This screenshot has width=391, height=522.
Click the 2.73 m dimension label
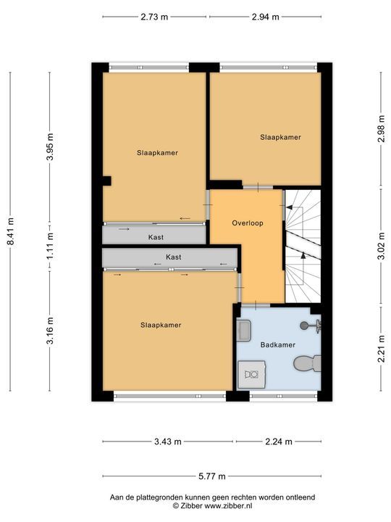pyautogui.click(x=154, y=17)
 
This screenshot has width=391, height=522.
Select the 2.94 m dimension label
pyautogui.click(x=265, y=17)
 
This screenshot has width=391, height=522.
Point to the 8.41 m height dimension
pyautogui.click(x=11, y=232)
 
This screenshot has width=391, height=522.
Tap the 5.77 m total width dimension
pyautogui.click(x=212, y=476)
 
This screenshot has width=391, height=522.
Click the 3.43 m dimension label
pyautogui.click(x=168, y=442)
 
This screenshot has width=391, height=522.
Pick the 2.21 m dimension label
pyautogui.click(x=382, y=349)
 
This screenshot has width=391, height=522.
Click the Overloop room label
pyautogui.click(x=248, y=223)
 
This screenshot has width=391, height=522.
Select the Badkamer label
pyautogui.click(x=278, y=345)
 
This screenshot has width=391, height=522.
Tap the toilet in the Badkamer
pyautogui.click(x=308, y=363)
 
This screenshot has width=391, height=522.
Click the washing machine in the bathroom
pyautogui.click(x=252, y=375)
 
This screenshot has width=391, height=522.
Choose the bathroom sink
pyautogui.click(x=244, y=331)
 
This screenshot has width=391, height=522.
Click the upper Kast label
pyautogui.click(x=156, y=237)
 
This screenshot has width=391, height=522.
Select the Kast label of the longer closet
pyautogui.click(x=174, y=257)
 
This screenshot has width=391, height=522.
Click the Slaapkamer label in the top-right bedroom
pyautogui.click(x=281, y=137)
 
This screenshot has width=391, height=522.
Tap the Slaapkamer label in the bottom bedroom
pyautogui.click(x=161, y=326)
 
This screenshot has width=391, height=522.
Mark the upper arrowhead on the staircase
pyautogui.click(x=290, y=207)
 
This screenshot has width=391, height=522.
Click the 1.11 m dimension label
pyautogui.click(x=50, y=246)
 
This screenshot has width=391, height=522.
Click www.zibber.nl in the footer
pyautogui.click(x=228, y=506)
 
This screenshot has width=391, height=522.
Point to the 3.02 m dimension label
pyautogui.click(x=382, y=246)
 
